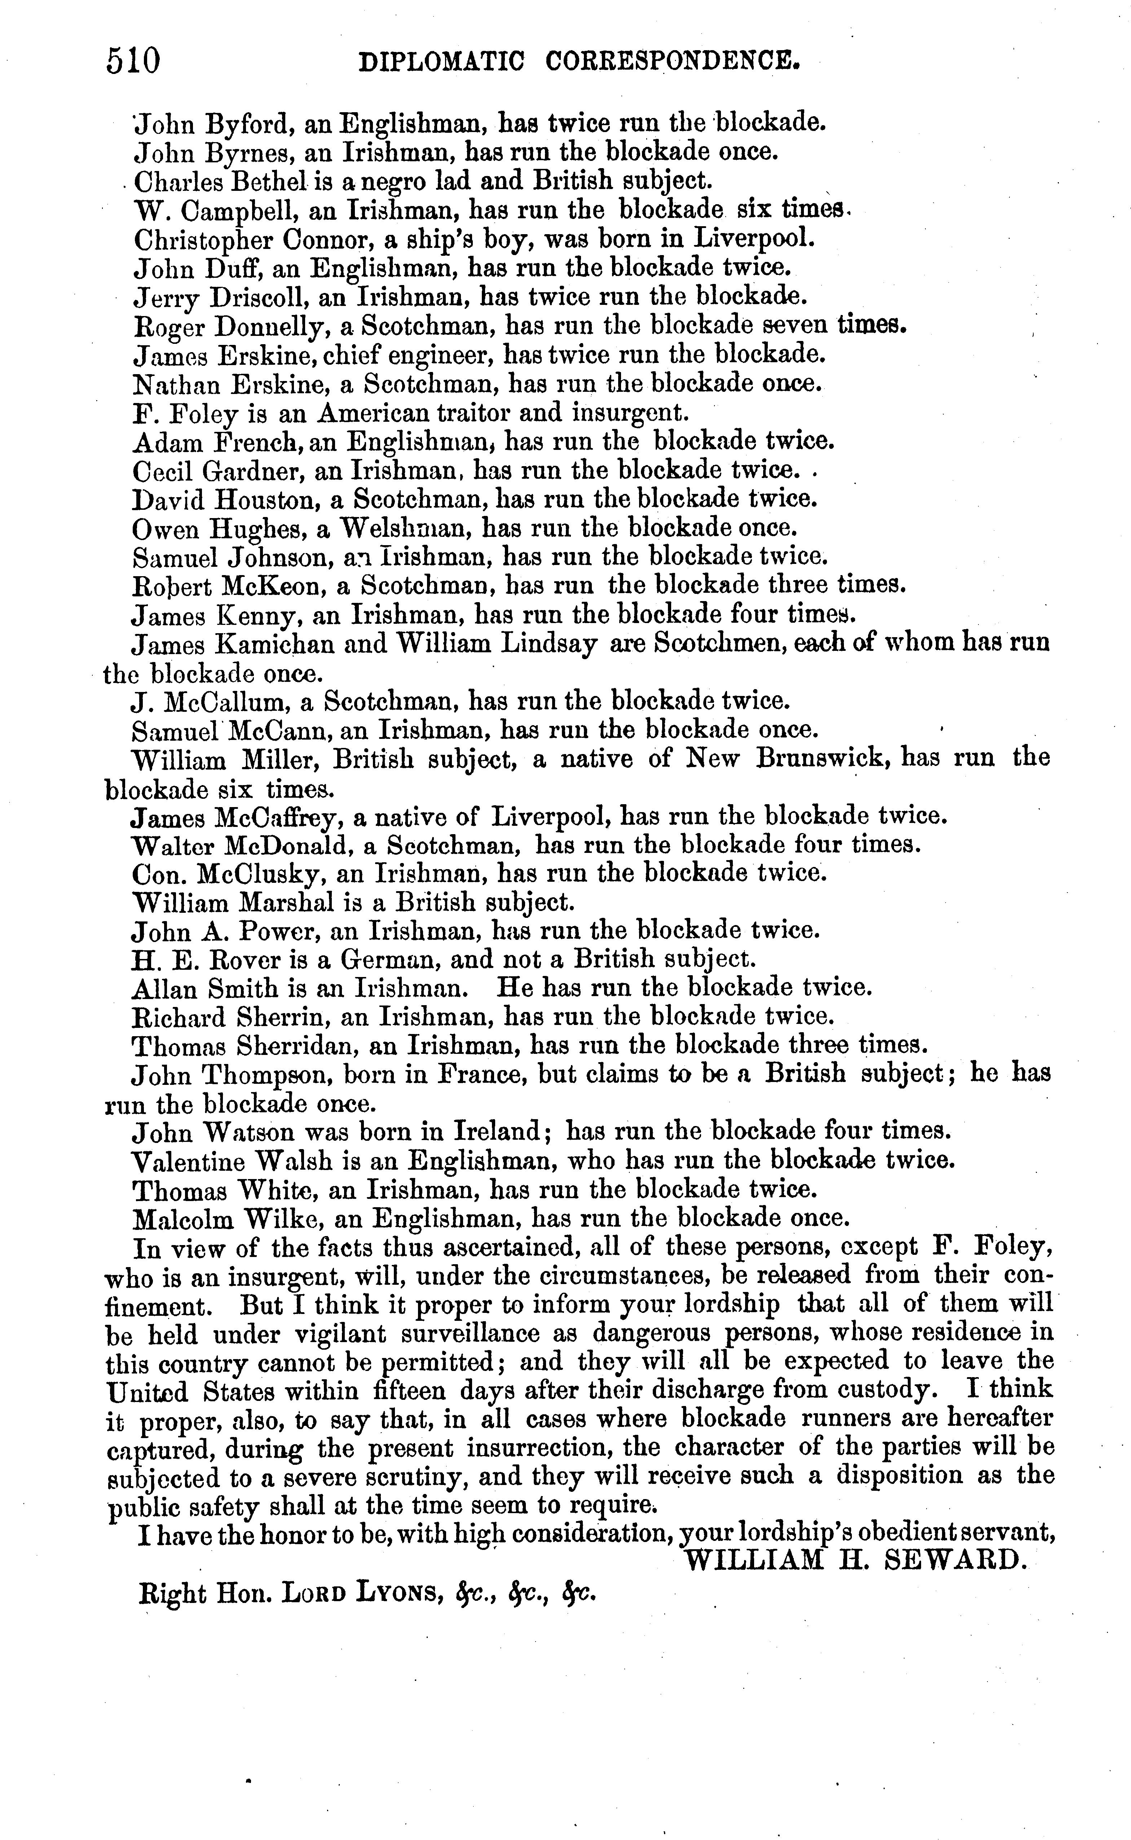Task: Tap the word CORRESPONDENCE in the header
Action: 673,61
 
